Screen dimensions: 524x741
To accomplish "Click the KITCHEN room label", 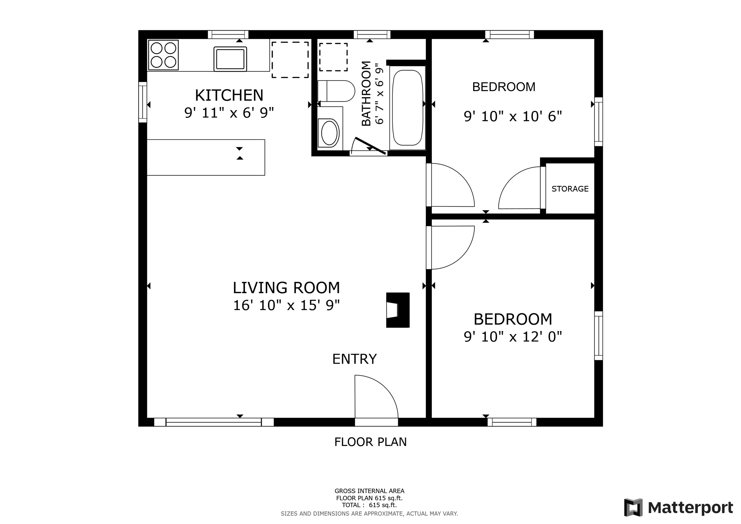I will [x=229, y=96].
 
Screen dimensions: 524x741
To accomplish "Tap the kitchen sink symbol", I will [x=230, y=59].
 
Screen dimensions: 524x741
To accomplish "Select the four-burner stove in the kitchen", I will [x=163, y=55].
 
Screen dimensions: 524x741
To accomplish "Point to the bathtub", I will [x=407, y=108].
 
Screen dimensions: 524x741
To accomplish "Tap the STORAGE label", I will [x=570, y=189].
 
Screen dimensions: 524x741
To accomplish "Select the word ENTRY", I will [x=354, y=359].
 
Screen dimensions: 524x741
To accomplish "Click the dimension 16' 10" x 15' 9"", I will [x=286, y=305].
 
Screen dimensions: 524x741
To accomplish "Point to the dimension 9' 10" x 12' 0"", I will [x=513, y=337].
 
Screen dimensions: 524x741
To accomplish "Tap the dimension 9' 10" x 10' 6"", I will [x=513, y=117].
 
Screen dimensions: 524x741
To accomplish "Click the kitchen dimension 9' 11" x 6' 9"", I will [x=229, y=113].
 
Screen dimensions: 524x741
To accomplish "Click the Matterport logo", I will [x=678, y=508].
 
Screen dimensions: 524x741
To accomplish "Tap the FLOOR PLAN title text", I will [x=370, y=442].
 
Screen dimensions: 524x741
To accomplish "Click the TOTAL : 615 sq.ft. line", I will [x=369, y=505].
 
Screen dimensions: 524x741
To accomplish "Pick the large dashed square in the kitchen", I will [x=290, y=60].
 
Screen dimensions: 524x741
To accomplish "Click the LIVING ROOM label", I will [x=286, y=288].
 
